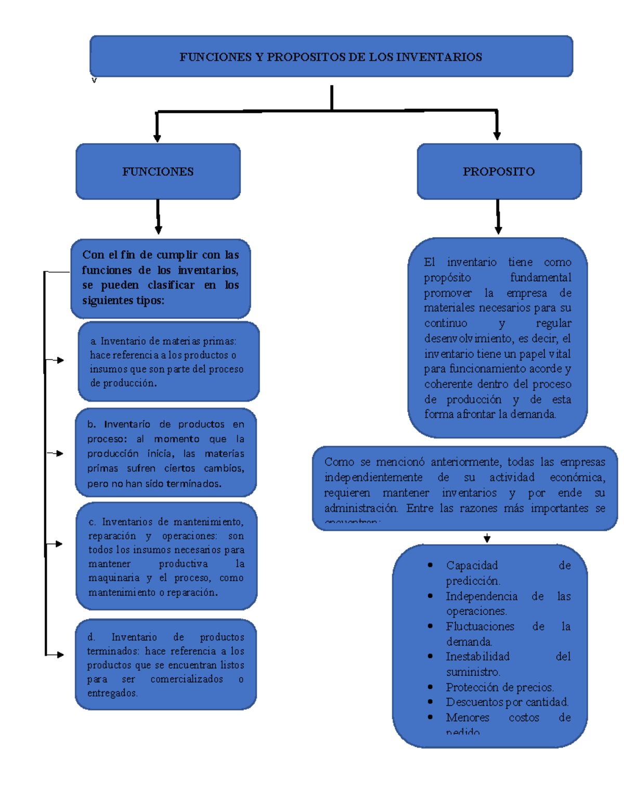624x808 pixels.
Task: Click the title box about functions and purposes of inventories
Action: coord(331,57)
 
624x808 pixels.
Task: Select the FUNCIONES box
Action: coord(158,172)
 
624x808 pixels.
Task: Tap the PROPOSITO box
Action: coord(499,172)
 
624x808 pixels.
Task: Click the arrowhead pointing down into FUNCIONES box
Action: coord(157,138)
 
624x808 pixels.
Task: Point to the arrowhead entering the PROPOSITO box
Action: coord(497,135)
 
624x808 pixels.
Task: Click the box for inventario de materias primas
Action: coord(168,362)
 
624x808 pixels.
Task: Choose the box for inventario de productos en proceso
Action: coord(166,453)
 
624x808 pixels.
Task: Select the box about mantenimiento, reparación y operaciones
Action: coord(166,556)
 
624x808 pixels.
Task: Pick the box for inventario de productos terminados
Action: coord(166,664)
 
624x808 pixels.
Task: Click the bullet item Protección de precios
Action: coord(499,687)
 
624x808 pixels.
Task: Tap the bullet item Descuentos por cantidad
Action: coord(506,702)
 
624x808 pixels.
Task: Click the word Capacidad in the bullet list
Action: coord(472,566)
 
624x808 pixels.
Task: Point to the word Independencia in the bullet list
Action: coord(482,596)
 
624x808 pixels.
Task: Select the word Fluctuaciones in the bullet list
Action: coord(480,626)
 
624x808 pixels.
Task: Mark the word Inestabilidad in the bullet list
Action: coord(477,657)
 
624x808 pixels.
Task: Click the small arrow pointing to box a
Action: coord(60,360)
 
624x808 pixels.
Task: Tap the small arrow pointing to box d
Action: coord(60,655)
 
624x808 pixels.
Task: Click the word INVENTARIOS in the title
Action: coord(439,57)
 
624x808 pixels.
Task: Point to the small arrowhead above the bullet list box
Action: coord(487,539)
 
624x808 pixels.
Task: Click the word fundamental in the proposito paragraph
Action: coord(540,277)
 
